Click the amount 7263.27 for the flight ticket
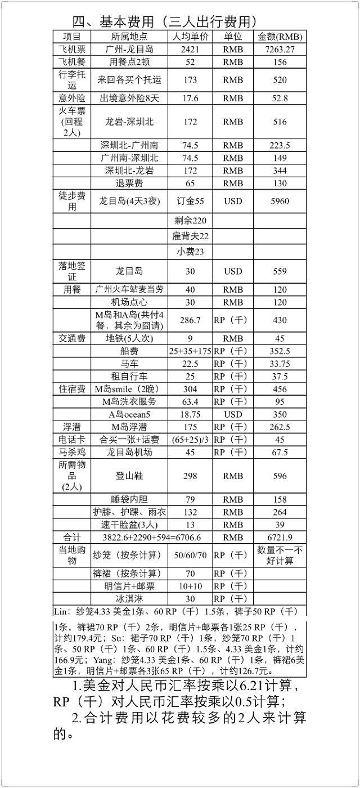[280, 50]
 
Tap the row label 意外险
[72, 98]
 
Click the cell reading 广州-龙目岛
[129, 50]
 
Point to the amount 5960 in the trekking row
[280, 200]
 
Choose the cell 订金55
[191, 200]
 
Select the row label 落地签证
[72, 271]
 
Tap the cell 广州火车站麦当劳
[129, 289]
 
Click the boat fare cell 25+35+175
[191, 351]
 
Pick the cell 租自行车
[129, 376]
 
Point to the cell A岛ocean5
[129, 414]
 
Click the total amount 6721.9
[280, 536]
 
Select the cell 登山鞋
[129, 476]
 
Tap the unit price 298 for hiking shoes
[191, 476]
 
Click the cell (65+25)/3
[191, 440]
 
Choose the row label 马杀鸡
[72, 452]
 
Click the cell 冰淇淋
[129, 599]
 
